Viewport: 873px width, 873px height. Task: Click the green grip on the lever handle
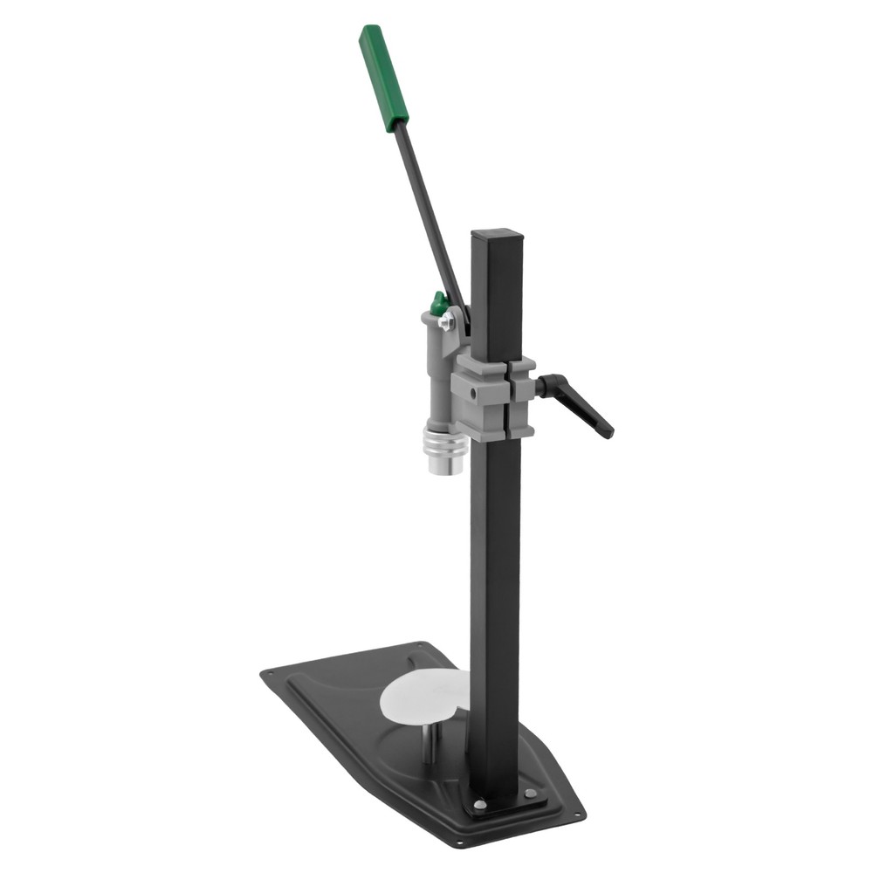[x=383, y=78]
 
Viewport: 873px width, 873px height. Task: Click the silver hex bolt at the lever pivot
[x=447, y=323]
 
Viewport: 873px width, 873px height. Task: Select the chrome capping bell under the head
[x=445, y=449]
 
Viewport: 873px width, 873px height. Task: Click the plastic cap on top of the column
[x=497, y=235]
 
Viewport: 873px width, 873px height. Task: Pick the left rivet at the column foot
[x=478, y=804]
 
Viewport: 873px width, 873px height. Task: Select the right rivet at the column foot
[x=530, y=793]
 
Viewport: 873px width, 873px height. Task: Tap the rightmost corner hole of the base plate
[x=577, y=815]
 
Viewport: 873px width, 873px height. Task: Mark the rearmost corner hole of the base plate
[x=425, y=647]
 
